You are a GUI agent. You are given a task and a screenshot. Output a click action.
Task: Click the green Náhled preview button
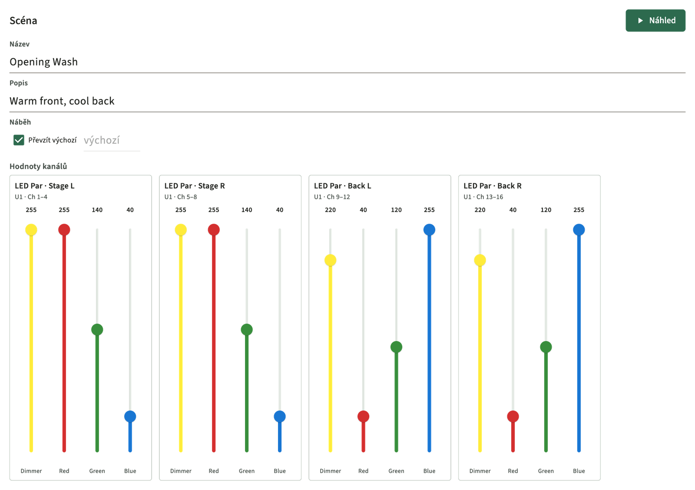(x=655, y=20)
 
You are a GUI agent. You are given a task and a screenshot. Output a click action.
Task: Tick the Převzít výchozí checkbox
(x=19, y=140)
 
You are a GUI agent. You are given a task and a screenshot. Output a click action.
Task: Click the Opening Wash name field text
(x=43, y=62)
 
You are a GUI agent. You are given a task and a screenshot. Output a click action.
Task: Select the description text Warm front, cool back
(x=62, y=101)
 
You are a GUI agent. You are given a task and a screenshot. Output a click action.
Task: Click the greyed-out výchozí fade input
(x=112, y=140)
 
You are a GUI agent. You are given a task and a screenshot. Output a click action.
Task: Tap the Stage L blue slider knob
(x=130, y=417)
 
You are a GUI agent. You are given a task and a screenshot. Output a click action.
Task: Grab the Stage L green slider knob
(x=97, y=330)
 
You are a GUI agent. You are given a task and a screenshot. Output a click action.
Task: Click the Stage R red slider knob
(x=214, y=230)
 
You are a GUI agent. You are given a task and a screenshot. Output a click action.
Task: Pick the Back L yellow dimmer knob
(x=331, y=260)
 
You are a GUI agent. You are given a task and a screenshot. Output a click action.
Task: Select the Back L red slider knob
(x=363, y=417)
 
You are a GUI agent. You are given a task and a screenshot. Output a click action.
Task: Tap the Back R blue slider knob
(x=579, y=230)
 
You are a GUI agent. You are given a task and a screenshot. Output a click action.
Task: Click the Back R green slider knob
(x=546, y=347)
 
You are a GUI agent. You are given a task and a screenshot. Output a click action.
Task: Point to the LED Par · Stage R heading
(x=195, y=186)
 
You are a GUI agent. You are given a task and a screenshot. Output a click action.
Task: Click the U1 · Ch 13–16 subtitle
(x=483, y=197)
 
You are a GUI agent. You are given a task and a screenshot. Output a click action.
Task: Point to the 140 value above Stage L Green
(x=97, y=210)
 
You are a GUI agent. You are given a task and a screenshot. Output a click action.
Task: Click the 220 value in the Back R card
(x=480, y=210)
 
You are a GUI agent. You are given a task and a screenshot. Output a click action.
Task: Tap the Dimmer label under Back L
(x=331, y=471)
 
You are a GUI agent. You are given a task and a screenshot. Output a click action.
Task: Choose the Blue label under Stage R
(x=280, y=471)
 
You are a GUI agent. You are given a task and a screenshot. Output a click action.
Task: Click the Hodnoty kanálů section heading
(x=38, y=166)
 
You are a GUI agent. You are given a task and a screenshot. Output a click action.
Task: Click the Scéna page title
(x=23, y=20)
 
